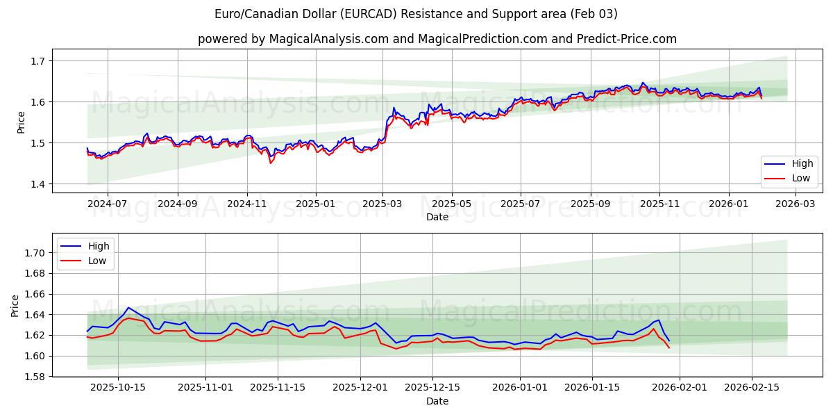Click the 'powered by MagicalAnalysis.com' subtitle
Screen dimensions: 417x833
pyautogui.click(x=437, y=39)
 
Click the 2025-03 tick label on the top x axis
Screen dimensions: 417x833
pyautogui.click(x=382, y=204)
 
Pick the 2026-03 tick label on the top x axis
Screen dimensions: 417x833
pyautogui.click(x=795, y=204)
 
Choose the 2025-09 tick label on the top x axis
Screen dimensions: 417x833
pyautogui.click(x=590, y=204)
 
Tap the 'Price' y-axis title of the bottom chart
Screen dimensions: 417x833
pyautogui.click(x=15, y=305)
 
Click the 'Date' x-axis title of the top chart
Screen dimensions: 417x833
pyautogui.click(x=437, y=217)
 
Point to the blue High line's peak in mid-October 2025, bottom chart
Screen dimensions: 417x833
pyautogui.click(x=128, y=307)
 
